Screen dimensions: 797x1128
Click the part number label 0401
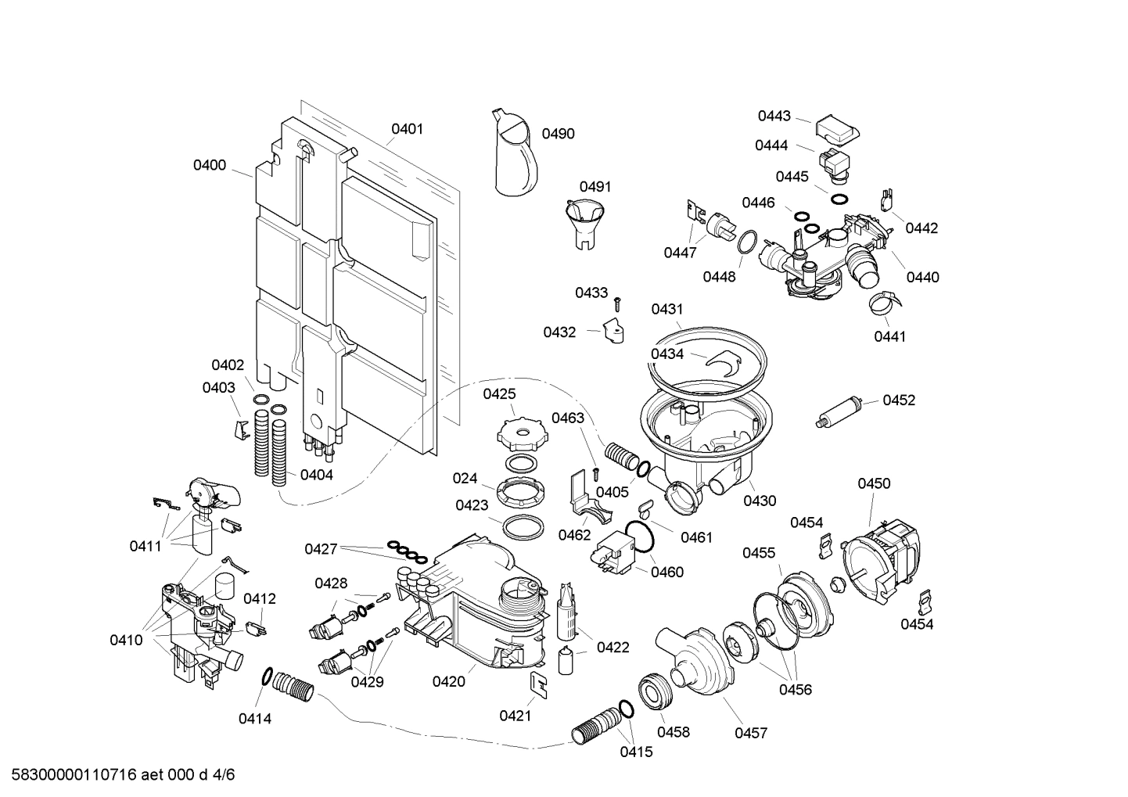(x=407, y=128)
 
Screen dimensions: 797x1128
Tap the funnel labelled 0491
(x=584, y=221)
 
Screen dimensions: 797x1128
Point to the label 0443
(x=774, y=116)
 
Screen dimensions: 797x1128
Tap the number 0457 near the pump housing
(x=751, y=733)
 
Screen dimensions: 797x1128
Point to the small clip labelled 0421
(x=538, y=683)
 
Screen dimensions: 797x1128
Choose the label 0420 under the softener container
(x=448, y=681)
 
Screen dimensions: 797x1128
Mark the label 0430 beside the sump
(x=760, y=501)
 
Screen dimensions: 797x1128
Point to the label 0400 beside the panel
(x=210, y=165)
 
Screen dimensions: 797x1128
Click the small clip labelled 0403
(x=242, y=429)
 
